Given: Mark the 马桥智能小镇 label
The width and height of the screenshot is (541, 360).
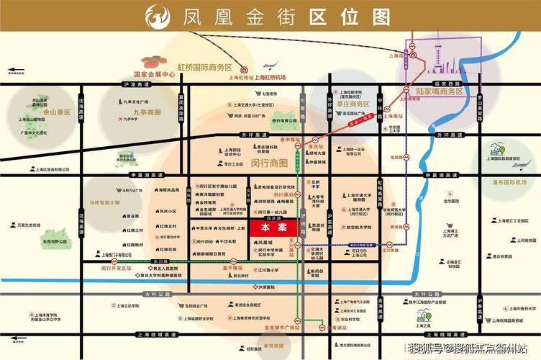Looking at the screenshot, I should pos(105,203).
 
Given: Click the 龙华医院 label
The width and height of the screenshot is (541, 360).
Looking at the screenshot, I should pos(451,202).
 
